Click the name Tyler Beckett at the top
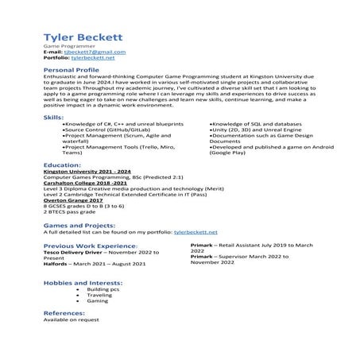pyautogui.click(x=78, y=37)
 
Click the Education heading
pyautogui.click(x=63, y=165)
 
